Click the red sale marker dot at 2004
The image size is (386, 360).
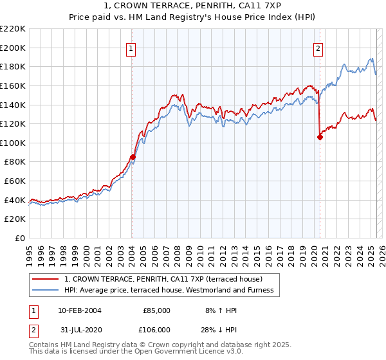coord(133,157)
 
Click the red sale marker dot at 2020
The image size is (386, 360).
coord(320,136)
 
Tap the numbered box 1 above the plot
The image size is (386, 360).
coord(131,48)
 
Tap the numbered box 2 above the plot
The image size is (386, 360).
coord(318,48)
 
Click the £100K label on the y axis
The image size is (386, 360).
coord(13,143)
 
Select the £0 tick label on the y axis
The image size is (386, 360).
coord(19,238)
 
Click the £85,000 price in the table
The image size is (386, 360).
coord(156,310)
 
